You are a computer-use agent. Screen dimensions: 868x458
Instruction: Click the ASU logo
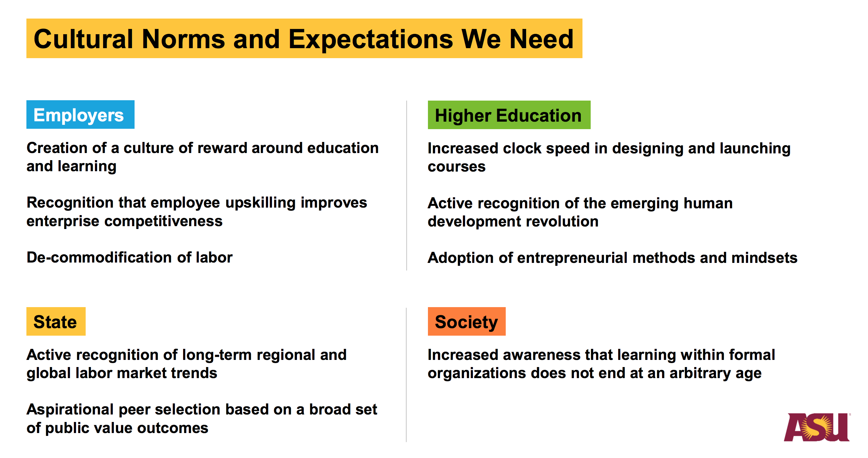tap(817, 427)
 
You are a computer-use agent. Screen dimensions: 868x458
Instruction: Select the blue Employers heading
tap(80, 114)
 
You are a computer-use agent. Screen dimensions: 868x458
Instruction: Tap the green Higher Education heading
tap(509, 115)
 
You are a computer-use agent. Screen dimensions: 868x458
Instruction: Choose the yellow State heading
tap(56, 321)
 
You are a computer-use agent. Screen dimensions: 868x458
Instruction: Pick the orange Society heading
tap(466, 321)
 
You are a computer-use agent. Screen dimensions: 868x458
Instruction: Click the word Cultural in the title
tap(84, 39)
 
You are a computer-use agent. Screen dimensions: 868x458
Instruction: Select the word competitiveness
tap(163, 222)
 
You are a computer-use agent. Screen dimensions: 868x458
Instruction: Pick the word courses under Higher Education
tap(456, 167)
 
